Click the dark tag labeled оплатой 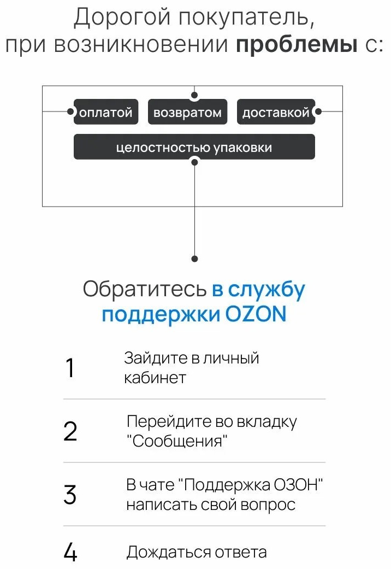106,112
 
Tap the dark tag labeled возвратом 187,112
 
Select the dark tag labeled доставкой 276,112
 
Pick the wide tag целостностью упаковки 194,146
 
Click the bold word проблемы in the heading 297,45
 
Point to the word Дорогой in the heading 122,17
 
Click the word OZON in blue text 256,314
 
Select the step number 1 70,368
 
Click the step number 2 70,431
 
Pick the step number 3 70,495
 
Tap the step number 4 70,552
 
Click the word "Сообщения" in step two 177,441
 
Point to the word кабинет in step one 155,378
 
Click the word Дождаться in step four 168,552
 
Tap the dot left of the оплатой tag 71,112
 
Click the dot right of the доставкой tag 318,112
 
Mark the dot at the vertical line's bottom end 194,259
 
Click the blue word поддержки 161,315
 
